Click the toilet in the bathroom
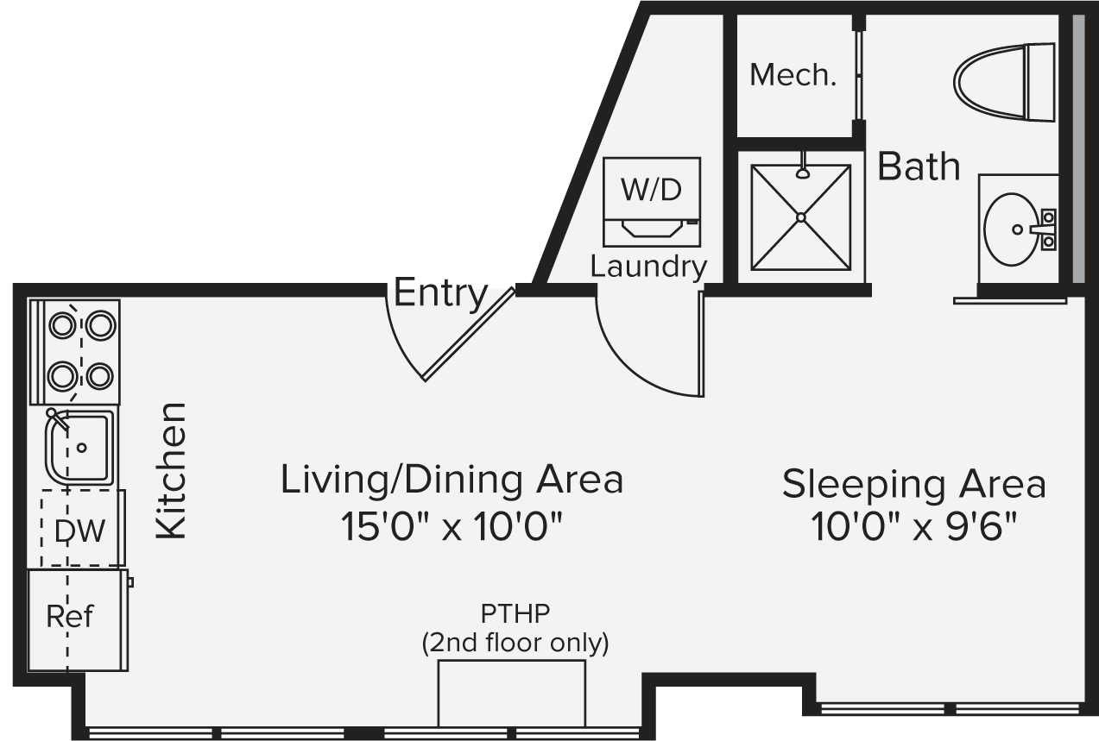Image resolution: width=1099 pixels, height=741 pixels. click(1001, 82)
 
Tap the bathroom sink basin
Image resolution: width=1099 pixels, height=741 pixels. click(1012, 229)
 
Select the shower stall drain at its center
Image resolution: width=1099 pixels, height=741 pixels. click(800, 217)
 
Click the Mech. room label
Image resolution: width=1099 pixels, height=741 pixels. click(793, 76)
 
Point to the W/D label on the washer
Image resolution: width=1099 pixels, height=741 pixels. click(651, 190)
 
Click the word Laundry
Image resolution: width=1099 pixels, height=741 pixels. click(648, 267)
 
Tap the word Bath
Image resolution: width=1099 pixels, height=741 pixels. click(919, 166)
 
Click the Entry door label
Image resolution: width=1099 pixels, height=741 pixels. click(440, 295)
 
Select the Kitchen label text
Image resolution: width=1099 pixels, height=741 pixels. click(172, 471)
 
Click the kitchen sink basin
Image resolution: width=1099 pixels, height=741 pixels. click(80, 447)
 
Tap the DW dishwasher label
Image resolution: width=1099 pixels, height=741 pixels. click(79, 531)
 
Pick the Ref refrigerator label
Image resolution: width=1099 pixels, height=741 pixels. click(69, 617)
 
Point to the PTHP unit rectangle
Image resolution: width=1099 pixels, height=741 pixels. click(511, 694)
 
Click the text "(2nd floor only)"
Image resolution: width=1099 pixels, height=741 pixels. click(515, 643)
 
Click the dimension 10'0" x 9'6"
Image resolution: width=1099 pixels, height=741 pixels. click(913, 525)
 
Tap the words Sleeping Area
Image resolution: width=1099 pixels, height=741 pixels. click(913, 484)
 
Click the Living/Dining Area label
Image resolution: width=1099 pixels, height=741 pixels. click(452, 480)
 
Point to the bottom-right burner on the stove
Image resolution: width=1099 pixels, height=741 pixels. click(100, 375)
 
